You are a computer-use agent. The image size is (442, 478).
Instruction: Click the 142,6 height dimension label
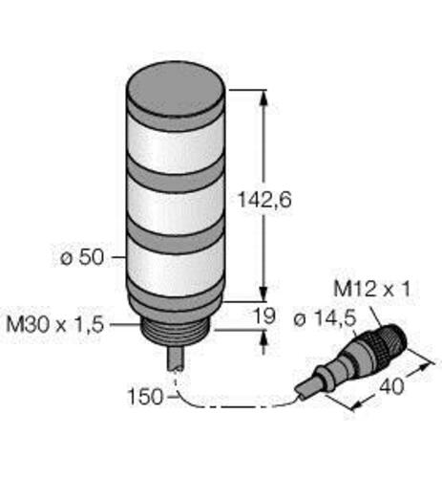click(x=264, y=200)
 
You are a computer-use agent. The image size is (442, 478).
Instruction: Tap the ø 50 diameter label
click(x=82, y=257)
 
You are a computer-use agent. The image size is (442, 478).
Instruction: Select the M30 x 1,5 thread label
click(x=55, y=325)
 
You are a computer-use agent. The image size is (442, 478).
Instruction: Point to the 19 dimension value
click(x=263, y=315)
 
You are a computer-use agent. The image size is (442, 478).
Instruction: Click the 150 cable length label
click(x=145, y=397)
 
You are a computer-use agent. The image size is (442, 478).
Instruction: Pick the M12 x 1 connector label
click(x=372, y=290)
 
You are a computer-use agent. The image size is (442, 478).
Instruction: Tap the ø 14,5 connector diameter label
click(x=325, y=318)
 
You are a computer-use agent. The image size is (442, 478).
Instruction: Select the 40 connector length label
click(x=391, y=386)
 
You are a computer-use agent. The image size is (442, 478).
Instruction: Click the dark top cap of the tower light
click(x=176, y=88)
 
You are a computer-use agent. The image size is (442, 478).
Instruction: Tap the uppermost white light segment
click(x=176, y=147)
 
